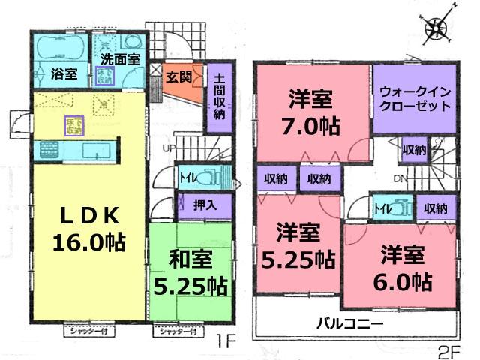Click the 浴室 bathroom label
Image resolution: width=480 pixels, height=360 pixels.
pyautogui.click(x=63, y=74)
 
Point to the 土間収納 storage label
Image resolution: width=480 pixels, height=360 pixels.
pyautogui.click(x=218, y=97)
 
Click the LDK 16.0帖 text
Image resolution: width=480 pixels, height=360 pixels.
pyautogui.click(x=88, y=229)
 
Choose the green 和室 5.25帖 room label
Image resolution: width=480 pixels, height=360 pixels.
pyautogui.click(x=190, y=273)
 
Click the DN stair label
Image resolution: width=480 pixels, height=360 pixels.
pyautogui.click(x=400, y=179)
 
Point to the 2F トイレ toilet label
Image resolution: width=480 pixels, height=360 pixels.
pyautogui.click(x=381, y=208)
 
